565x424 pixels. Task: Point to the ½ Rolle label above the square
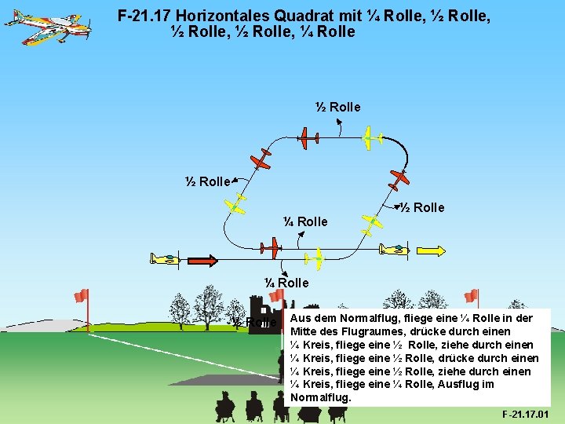pyautogui.click(x=337, y=107)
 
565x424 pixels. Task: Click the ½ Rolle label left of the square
pyautogui.click(x=208, y=181)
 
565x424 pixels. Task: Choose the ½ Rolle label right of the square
pyautogui.click(x=422, y=207)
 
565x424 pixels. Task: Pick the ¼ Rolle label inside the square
pyautogui.click(x=305, y=221)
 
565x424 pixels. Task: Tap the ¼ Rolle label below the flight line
pyautogui.click(x=286, y=282)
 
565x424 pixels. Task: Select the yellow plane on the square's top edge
pyautogui.click(x=368, y=139)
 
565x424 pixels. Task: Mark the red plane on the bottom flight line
pyautogui.click(x=270, y=249)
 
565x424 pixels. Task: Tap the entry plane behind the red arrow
pyautogui.click(x=166, y=258)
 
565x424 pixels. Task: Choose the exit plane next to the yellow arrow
pyautogui.click(x=392, y=250)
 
